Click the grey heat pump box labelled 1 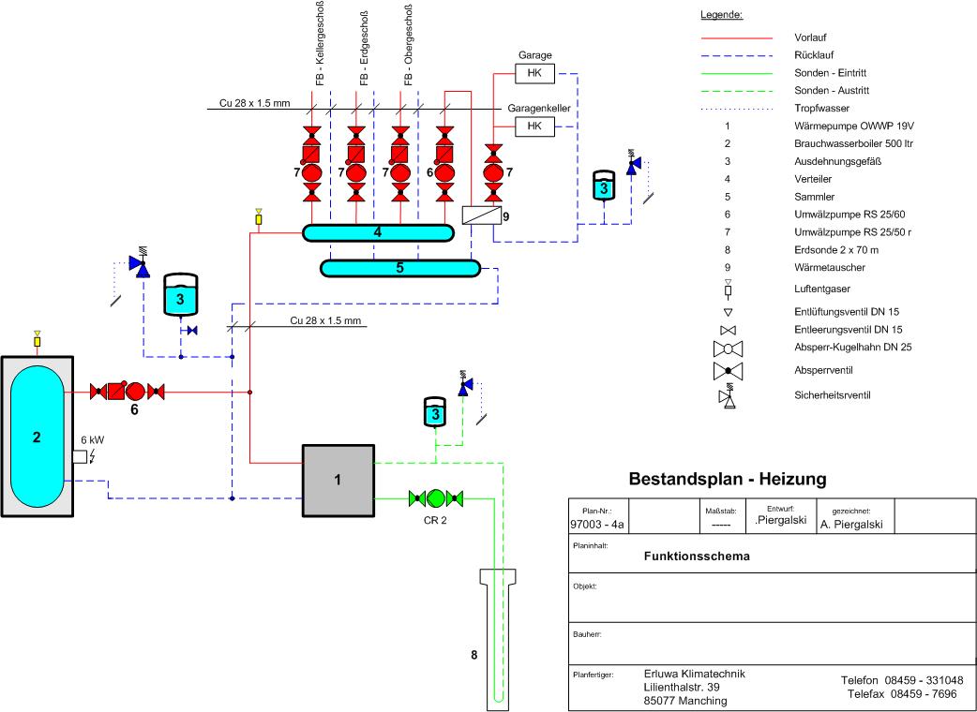(337, 480)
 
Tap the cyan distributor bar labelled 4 (376, 231)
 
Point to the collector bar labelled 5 (399, 268)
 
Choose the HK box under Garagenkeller (534, 126)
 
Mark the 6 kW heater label (91, 439)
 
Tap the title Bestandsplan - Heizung (727, 479)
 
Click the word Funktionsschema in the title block (697, 555)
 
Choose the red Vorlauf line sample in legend (736, 37)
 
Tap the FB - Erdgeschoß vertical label (363, 47)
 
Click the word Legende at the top (722, 15)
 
